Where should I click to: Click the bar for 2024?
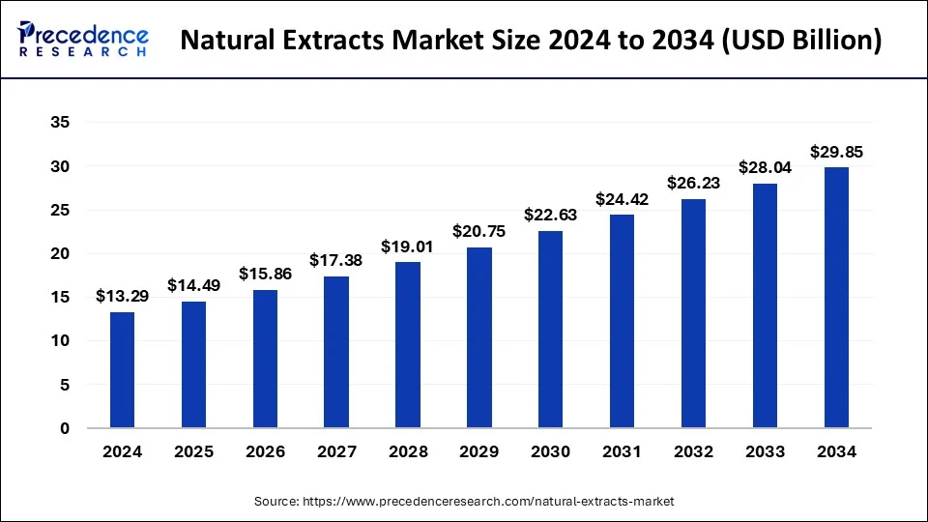[122, 369]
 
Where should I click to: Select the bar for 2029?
[478, 337]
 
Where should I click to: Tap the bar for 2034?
[836, 297]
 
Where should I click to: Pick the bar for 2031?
[622, 321]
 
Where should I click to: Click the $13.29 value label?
[122, 296]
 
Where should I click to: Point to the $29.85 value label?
[836, 152]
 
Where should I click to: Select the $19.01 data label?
[408, 246]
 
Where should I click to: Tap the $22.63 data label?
[550, 215]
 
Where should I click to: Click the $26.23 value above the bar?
[693, 183]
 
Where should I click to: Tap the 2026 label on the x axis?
[265, 450]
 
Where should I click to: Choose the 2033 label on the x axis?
[765, 450]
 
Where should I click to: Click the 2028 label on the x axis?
[408, 450]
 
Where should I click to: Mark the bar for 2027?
[336, 352]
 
